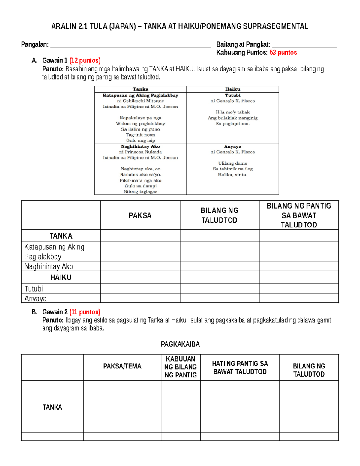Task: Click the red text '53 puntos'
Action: coord(283,53)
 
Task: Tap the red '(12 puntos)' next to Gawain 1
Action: coord(85,61)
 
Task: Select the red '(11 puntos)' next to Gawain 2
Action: coord(85,312)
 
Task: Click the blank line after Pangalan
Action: coord(131,46)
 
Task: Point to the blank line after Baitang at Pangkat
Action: coord(304,46)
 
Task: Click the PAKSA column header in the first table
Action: coord(140,215)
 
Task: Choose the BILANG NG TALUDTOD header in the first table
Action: coord(220,215)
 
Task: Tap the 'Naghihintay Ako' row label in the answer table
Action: coord(49,266)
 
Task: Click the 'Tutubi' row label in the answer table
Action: coord(34,289)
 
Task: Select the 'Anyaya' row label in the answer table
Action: coord(36,299)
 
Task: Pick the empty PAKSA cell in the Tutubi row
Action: coord(140,288)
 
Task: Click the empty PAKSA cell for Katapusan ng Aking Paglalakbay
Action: coord(140,251)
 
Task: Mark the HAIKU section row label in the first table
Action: coord(61,278)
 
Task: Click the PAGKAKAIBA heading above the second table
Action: coord(180,344)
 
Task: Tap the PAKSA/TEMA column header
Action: coord(122,366)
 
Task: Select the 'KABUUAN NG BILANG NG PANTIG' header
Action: coord(181,367)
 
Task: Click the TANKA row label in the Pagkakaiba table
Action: coord(52,407)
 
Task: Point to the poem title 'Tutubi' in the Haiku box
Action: coord(232,95)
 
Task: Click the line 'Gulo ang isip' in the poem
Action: coord(140,140)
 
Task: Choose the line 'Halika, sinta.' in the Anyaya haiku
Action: coord(232,175)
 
